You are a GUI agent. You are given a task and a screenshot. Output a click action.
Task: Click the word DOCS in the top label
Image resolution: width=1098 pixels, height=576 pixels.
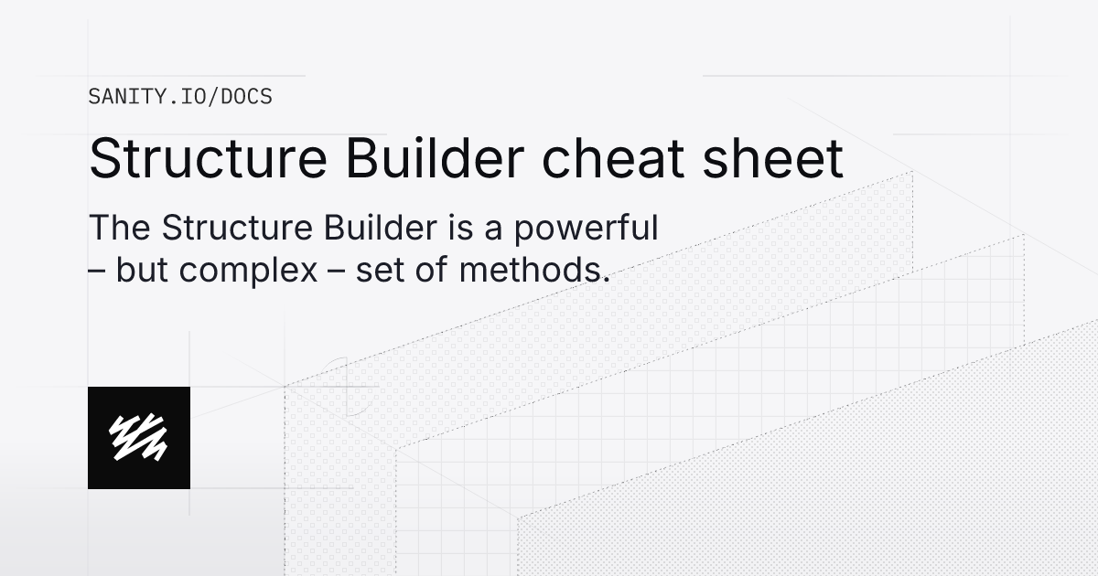coord(247,96)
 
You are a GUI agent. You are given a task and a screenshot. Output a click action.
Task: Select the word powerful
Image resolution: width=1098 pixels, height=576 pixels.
coord(587,229)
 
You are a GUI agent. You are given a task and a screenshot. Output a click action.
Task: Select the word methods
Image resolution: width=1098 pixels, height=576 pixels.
coord(540,272)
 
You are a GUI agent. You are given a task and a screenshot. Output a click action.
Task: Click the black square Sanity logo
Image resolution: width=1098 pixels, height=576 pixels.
coord(139,437)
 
